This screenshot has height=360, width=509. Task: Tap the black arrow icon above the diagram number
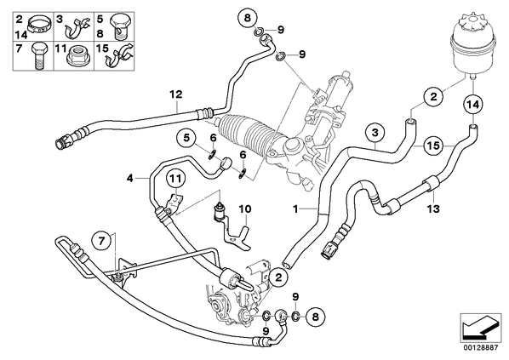tap(481, 328)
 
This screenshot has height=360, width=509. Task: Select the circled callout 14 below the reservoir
tap(472, 105)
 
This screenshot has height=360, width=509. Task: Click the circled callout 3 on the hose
tap(375, 133)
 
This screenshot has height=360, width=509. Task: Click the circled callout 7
tap(101, 241)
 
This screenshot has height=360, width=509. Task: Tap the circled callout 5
tap(186, 138)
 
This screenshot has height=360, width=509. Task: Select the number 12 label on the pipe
tap(176, 94)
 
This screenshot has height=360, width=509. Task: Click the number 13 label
tap(433, 209)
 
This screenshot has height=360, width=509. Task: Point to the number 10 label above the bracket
tap(245, 209)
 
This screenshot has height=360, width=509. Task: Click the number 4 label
tap(130, 178)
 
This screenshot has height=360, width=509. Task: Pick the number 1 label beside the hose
tap(295, 209)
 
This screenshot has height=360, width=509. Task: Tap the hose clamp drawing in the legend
tap(39, 25)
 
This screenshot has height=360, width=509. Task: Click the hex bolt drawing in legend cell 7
tap(39, 55)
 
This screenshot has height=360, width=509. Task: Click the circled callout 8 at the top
tap(248, 18)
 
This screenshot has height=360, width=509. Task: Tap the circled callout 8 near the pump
tap(316, 316)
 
